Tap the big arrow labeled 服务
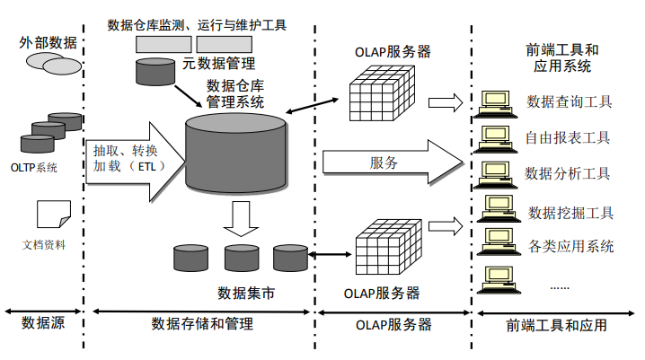click(x=393, y=162)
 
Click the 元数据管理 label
click(x=219, y=63)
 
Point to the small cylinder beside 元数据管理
click(x=155, y=72)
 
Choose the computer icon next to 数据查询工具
click(x=495, y=104)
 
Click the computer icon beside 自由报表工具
click(x=495, y=140)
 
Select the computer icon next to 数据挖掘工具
click(x=499, y=209)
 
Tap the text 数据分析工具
click(x=567, y=173)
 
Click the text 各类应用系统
click(x=571, y=246)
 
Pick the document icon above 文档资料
click(x=54, y=214)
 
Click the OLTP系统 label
click(x=34, y=168)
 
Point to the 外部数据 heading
click(x=49, y=42)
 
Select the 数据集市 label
click(x=246, y=293)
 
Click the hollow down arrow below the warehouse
click(x=241, y=219)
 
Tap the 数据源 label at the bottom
click(x=43, y=323)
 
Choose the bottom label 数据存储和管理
click(x=202, y=324)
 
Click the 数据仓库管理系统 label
click(x=234, y=93)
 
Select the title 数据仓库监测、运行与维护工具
click(x=197, y=25)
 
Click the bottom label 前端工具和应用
click(x=557, y=325)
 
